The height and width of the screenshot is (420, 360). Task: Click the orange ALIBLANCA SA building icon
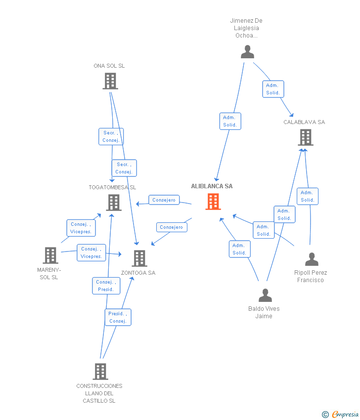pos(213,202)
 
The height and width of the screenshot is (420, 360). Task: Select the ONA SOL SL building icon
pos(110,81)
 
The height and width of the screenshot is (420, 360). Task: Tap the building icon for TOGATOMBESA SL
pos(114,203)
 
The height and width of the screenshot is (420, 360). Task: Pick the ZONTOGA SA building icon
pos(139,258)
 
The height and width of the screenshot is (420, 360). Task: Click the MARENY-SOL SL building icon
pos(50,255)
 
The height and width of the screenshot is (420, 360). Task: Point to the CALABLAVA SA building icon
pos(306,137)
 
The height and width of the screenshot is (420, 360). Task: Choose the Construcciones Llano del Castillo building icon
pos(100,371)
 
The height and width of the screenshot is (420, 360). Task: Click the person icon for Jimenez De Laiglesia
pos(247,51)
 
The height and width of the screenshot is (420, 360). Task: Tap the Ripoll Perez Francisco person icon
pos(312,259)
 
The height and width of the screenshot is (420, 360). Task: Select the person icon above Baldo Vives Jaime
pos(265,295)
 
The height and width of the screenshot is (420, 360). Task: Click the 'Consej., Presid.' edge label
pos(105,286)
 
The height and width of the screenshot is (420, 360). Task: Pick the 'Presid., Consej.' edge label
pos(118,317)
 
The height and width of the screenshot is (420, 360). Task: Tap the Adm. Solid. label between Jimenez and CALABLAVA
pos(273,89)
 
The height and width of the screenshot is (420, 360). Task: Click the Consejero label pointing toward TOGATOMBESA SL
pos(164,200)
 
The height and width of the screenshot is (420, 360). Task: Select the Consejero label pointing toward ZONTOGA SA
pos(172,227)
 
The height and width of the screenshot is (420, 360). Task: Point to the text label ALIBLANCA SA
pos(212,186)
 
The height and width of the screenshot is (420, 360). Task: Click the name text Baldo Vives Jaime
pos(264,312)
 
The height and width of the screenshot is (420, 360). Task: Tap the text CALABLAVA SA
pos(304,122)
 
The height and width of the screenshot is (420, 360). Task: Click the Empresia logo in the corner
pos(345,415)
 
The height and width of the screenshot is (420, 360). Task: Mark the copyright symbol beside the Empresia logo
pos(325,415)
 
